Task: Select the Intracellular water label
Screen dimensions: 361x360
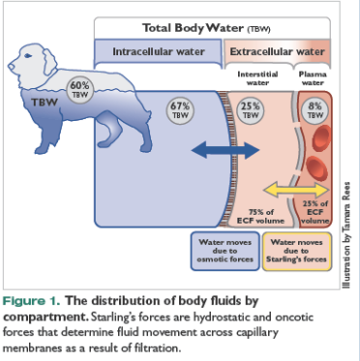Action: coord(157,49)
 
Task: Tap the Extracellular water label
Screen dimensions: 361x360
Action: coord(277,49)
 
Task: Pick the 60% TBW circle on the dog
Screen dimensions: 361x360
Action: coord(78,90)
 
